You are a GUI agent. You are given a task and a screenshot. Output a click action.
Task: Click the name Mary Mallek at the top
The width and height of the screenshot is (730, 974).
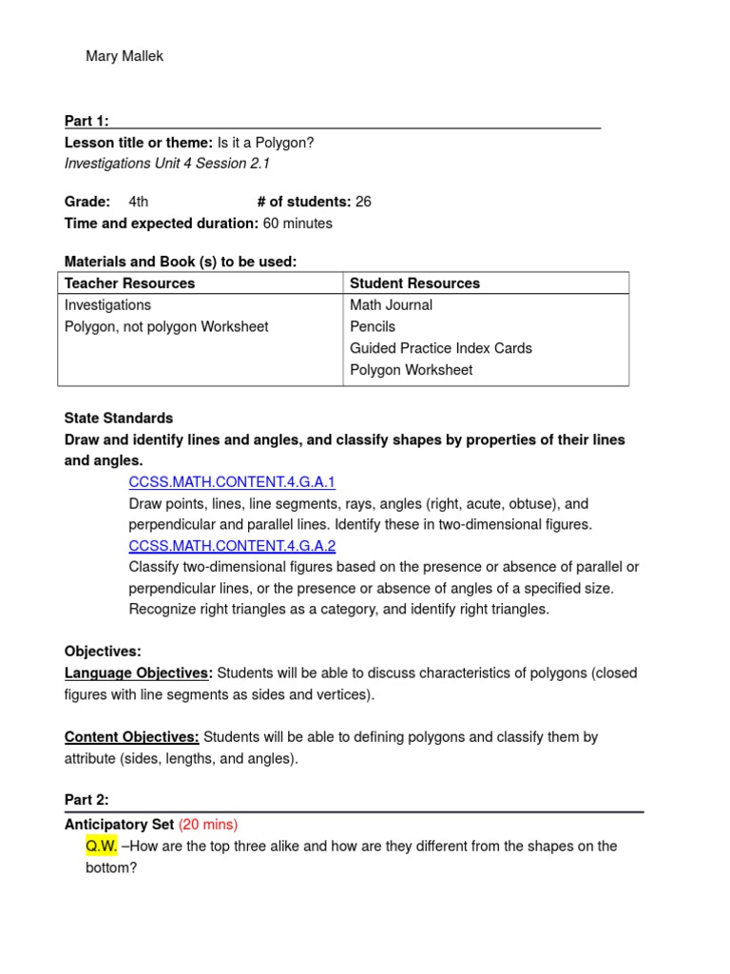pos(125,56)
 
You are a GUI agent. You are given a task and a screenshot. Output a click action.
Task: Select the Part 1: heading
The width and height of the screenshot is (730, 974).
pos(86,121)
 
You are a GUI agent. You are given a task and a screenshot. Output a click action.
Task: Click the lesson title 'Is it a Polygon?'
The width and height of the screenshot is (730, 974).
pos(265,143)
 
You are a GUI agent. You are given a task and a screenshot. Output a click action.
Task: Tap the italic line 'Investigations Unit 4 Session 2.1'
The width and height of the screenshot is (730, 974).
pos(167,164)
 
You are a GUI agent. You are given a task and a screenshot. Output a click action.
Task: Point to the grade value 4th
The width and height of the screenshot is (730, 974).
pos(138,202)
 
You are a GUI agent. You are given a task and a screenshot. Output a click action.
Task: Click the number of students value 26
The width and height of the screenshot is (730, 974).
pos(363,202)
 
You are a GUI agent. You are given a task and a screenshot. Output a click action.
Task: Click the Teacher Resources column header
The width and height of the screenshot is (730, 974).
pos(129,283)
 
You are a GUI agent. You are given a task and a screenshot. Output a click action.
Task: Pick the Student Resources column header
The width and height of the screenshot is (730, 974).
pos(414,283)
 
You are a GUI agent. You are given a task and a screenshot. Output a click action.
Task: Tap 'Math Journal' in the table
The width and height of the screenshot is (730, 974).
pos(391,305)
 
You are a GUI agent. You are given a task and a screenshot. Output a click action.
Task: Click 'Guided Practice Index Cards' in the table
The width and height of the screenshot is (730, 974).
pos(441,348)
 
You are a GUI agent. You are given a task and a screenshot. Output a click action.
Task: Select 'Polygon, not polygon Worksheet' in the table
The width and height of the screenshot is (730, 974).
pos(166,327)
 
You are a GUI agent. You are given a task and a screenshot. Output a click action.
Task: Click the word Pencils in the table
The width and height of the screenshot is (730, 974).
pos(373,327)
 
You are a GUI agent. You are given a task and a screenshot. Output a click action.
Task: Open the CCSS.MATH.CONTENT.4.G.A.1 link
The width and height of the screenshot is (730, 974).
pos(232,482)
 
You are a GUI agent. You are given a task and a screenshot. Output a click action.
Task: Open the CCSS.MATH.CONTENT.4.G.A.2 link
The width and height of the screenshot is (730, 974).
pos(232,546)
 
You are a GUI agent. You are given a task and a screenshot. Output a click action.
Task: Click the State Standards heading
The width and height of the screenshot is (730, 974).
pos(119,419)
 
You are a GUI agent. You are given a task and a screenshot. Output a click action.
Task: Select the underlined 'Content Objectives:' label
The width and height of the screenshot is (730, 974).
pos(132,737)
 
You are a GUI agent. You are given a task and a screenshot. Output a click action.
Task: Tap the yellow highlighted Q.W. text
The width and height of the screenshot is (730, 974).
pos(102,847)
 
